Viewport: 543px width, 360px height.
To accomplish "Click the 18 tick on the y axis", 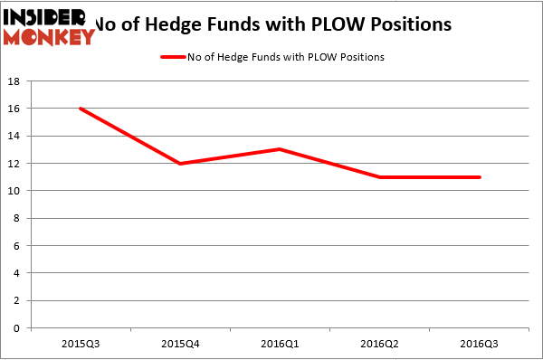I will (x=16, y=81).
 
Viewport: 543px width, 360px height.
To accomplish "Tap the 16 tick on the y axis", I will (x=16, y=109).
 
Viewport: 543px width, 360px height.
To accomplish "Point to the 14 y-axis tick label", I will (x=16, y=136).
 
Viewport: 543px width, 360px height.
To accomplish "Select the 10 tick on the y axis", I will (x=16, y=191).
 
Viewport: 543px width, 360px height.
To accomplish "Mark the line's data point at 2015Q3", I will (x=81, y=109).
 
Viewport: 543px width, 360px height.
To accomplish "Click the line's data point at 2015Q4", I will (x=181, y=163).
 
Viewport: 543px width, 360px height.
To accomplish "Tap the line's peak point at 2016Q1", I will (x=281, y=149).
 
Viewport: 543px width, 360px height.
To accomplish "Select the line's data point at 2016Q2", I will (x=380, y=177).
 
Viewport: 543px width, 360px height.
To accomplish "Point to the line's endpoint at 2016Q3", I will (x=480, y=177).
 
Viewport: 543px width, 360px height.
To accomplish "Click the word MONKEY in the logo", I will (x=49, y=37).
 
